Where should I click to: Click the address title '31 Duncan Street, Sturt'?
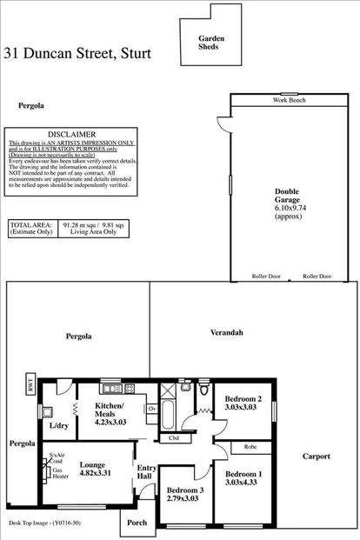pos(77,53)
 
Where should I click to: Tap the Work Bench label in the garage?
pos(290,101)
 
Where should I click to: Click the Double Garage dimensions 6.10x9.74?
pos(287,210)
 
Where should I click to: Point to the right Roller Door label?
pos(317,276)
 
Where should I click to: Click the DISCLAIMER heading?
pos(71,134)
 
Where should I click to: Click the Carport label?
pos(317,456)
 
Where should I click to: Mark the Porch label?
pos(137,523)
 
